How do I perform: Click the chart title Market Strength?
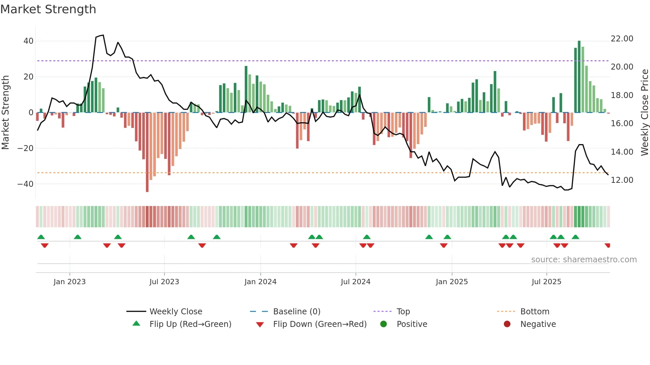[x=48, y=9]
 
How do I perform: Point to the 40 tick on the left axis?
[x=28, y=41]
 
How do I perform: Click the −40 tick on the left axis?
[x=26, y=184]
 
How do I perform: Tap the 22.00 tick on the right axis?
[x=622, y=39]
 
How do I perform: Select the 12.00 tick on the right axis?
[x=622, y=180]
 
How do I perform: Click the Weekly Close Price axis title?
[x=644, y=113]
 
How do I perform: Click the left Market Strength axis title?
[x=6, y=113]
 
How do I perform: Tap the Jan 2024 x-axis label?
[x=260, y=282]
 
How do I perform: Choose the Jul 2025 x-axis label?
[x=546, y=282]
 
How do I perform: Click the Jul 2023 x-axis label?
[x=164, y=282]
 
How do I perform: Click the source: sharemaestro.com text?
[x=584, y=260]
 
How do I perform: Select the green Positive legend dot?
[x=384, y=324]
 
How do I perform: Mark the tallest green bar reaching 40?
[x=579, y=76]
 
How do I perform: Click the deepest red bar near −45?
[x=147, y=152]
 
